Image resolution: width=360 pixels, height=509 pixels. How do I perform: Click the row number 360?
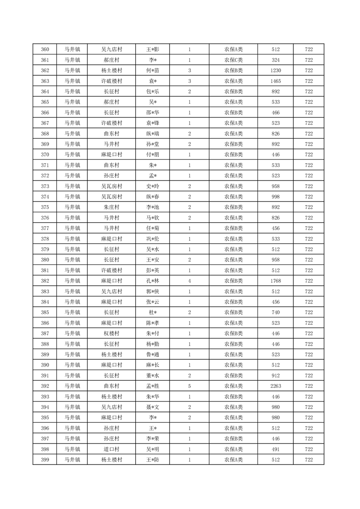[x=45, y=49]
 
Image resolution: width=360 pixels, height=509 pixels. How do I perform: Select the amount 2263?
[x=276, y=386]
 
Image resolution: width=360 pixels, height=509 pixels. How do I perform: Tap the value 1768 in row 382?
[x=276, y=281]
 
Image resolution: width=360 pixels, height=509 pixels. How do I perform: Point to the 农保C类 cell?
[x=233, y=60]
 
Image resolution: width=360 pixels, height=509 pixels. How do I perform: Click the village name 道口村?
[x=111, y=449]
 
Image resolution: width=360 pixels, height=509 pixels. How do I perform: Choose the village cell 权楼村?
[x=111, y=333]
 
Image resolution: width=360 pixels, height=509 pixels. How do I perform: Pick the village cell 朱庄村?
[x=111, y=207]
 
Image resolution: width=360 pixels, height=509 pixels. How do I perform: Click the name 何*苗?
[x=153, y=70]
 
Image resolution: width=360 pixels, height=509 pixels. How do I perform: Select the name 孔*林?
[x=153, y=281]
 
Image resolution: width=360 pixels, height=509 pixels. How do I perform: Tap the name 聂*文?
[x=153, y=407]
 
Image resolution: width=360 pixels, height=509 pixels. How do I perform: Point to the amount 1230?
[x=276, y=70]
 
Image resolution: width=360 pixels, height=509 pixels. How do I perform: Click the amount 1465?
[x=276, y=81]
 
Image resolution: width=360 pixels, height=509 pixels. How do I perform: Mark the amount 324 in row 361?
[x=276, y=60]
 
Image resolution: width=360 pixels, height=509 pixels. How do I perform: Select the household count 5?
[x=189, y=386]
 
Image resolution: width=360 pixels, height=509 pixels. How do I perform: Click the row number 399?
[x=45, y=460]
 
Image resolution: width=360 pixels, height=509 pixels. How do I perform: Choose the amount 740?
[x=276, y=313]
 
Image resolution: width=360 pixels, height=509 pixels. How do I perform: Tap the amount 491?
[x=276, y=449]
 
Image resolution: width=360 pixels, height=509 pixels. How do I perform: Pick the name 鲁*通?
[x=153, y=354]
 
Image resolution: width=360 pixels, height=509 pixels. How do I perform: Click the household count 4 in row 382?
[x=189, y=281]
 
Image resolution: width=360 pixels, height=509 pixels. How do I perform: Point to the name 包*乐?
[x=153, y=92]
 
